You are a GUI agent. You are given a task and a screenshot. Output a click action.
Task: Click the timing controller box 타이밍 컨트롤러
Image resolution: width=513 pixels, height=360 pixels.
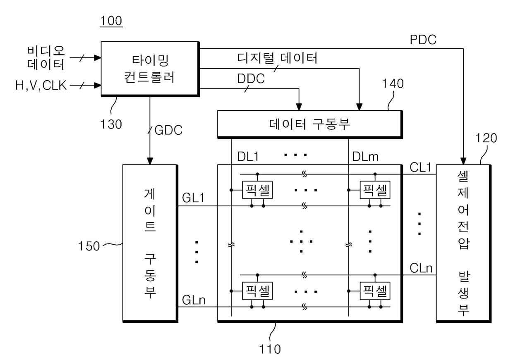point(150,69)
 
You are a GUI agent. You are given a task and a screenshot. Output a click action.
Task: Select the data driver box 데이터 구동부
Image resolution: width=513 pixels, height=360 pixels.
point(310,124)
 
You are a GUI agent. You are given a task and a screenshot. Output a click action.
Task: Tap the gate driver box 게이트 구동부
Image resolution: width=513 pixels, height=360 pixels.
point(150,243)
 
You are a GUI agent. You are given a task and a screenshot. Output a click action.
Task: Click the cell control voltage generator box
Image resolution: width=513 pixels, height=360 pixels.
point(463,243)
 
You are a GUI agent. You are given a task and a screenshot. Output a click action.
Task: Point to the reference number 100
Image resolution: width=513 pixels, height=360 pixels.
point(111,21)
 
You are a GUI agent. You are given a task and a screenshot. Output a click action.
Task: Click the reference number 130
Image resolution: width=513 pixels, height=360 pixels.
point(111,124)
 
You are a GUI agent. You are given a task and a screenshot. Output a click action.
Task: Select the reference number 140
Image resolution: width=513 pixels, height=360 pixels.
point(393,83)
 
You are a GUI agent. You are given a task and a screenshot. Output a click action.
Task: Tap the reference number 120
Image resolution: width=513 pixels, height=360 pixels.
point(486,138)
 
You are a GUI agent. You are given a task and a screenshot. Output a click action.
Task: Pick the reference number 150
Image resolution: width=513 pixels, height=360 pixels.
point(89,246)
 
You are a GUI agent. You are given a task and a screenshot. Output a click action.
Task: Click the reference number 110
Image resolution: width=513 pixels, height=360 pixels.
point(270,349)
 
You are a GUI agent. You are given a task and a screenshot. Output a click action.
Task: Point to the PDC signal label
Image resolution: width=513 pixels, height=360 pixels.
point(423,40)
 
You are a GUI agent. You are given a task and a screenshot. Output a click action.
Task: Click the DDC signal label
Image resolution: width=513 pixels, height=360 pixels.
point(251,79)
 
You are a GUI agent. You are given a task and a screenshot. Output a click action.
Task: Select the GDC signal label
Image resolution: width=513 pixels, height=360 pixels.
point(168,130)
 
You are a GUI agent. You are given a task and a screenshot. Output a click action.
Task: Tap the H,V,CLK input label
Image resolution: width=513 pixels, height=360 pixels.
point(41,86)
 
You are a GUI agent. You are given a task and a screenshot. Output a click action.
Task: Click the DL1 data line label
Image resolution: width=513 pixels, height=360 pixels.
point(248,157)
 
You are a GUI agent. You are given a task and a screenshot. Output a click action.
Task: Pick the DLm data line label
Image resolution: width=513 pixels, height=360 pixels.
point(365,157)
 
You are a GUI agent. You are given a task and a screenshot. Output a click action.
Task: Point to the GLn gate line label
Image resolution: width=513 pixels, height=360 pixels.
point(194,300)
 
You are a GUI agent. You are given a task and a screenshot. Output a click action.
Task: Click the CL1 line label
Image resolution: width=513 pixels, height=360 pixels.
point(420,167)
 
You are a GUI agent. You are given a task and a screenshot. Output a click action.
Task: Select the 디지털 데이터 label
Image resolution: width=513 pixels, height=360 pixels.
point(277,58)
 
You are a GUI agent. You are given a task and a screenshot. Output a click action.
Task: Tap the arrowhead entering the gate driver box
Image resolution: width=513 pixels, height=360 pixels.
point(150,161)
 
